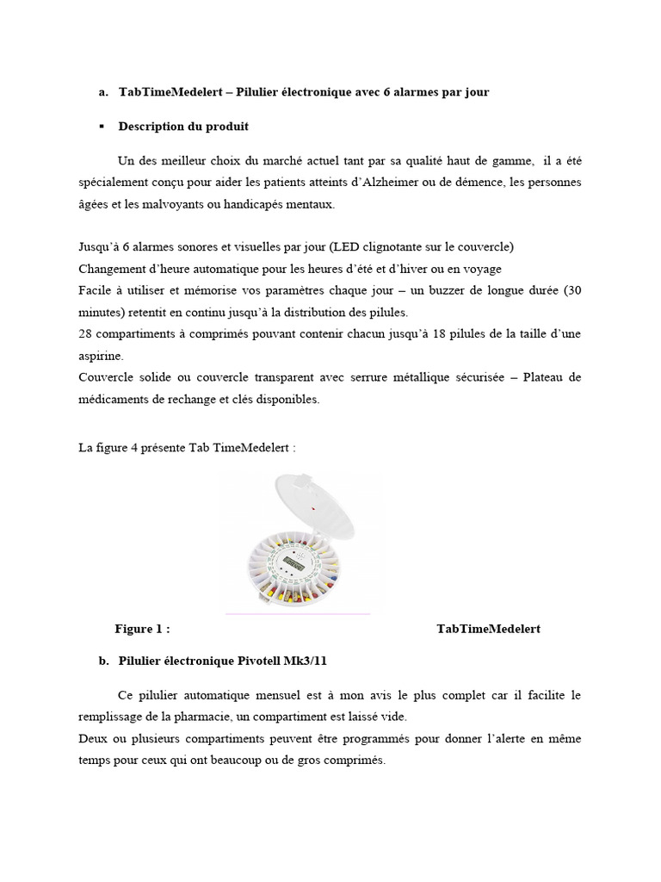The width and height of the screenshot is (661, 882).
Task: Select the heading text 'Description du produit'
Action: pos(183,127)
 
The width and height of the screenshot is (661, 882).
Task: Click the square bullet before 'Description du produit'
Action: pos(102,127)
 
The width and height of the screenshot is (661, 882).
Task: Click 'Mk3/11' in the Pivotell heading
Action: pos(306,661)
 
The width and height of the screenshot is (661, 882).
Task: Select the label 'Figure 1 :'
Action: pos(142,629)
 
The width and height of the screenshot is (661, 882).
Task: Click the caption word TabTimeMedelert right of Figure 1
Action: pos(488,629)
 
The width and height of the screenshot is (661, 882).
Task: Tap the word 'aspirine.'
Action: pos(100,356)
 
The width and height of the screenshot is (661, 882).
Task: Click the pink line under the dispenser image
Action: pos(297,614)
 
